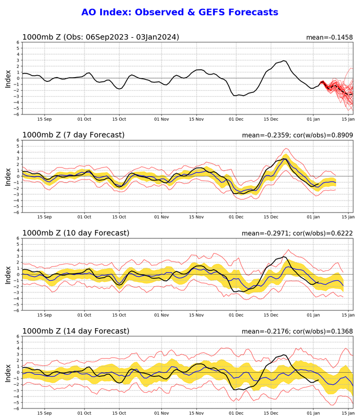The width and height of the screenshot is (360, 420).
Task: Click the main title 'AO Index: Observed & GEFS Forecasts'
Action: (x=179, y=12)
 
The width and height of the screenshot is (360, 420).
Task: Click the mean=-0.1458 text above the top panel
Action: (x=330, y=37)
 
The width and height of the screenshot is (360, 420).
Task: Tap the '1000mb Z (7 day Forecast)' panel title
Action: (x=73, y=135)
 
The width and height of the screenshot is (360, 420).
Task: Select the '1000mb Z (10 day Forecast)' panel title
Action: (x=76, y=233)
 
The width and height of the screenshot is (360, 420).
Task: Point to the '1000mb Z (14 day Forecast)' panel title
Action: (x=76, y=331)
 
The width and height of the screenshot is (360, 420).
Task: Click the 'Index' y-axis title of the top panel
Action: (x=8, y=78)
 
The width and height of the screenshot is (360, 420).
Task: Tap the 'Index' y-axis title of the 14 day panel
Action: (x=8, y=372)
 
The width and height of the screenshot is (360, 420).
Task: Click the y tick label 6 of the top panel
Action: (x=17, y=43)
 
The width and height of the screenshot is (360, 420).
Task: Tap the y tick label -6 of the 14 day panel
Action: (x=16, y=408)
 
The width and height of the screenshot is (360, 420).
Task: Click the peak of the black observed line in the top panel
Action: (x=284, y=61)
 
